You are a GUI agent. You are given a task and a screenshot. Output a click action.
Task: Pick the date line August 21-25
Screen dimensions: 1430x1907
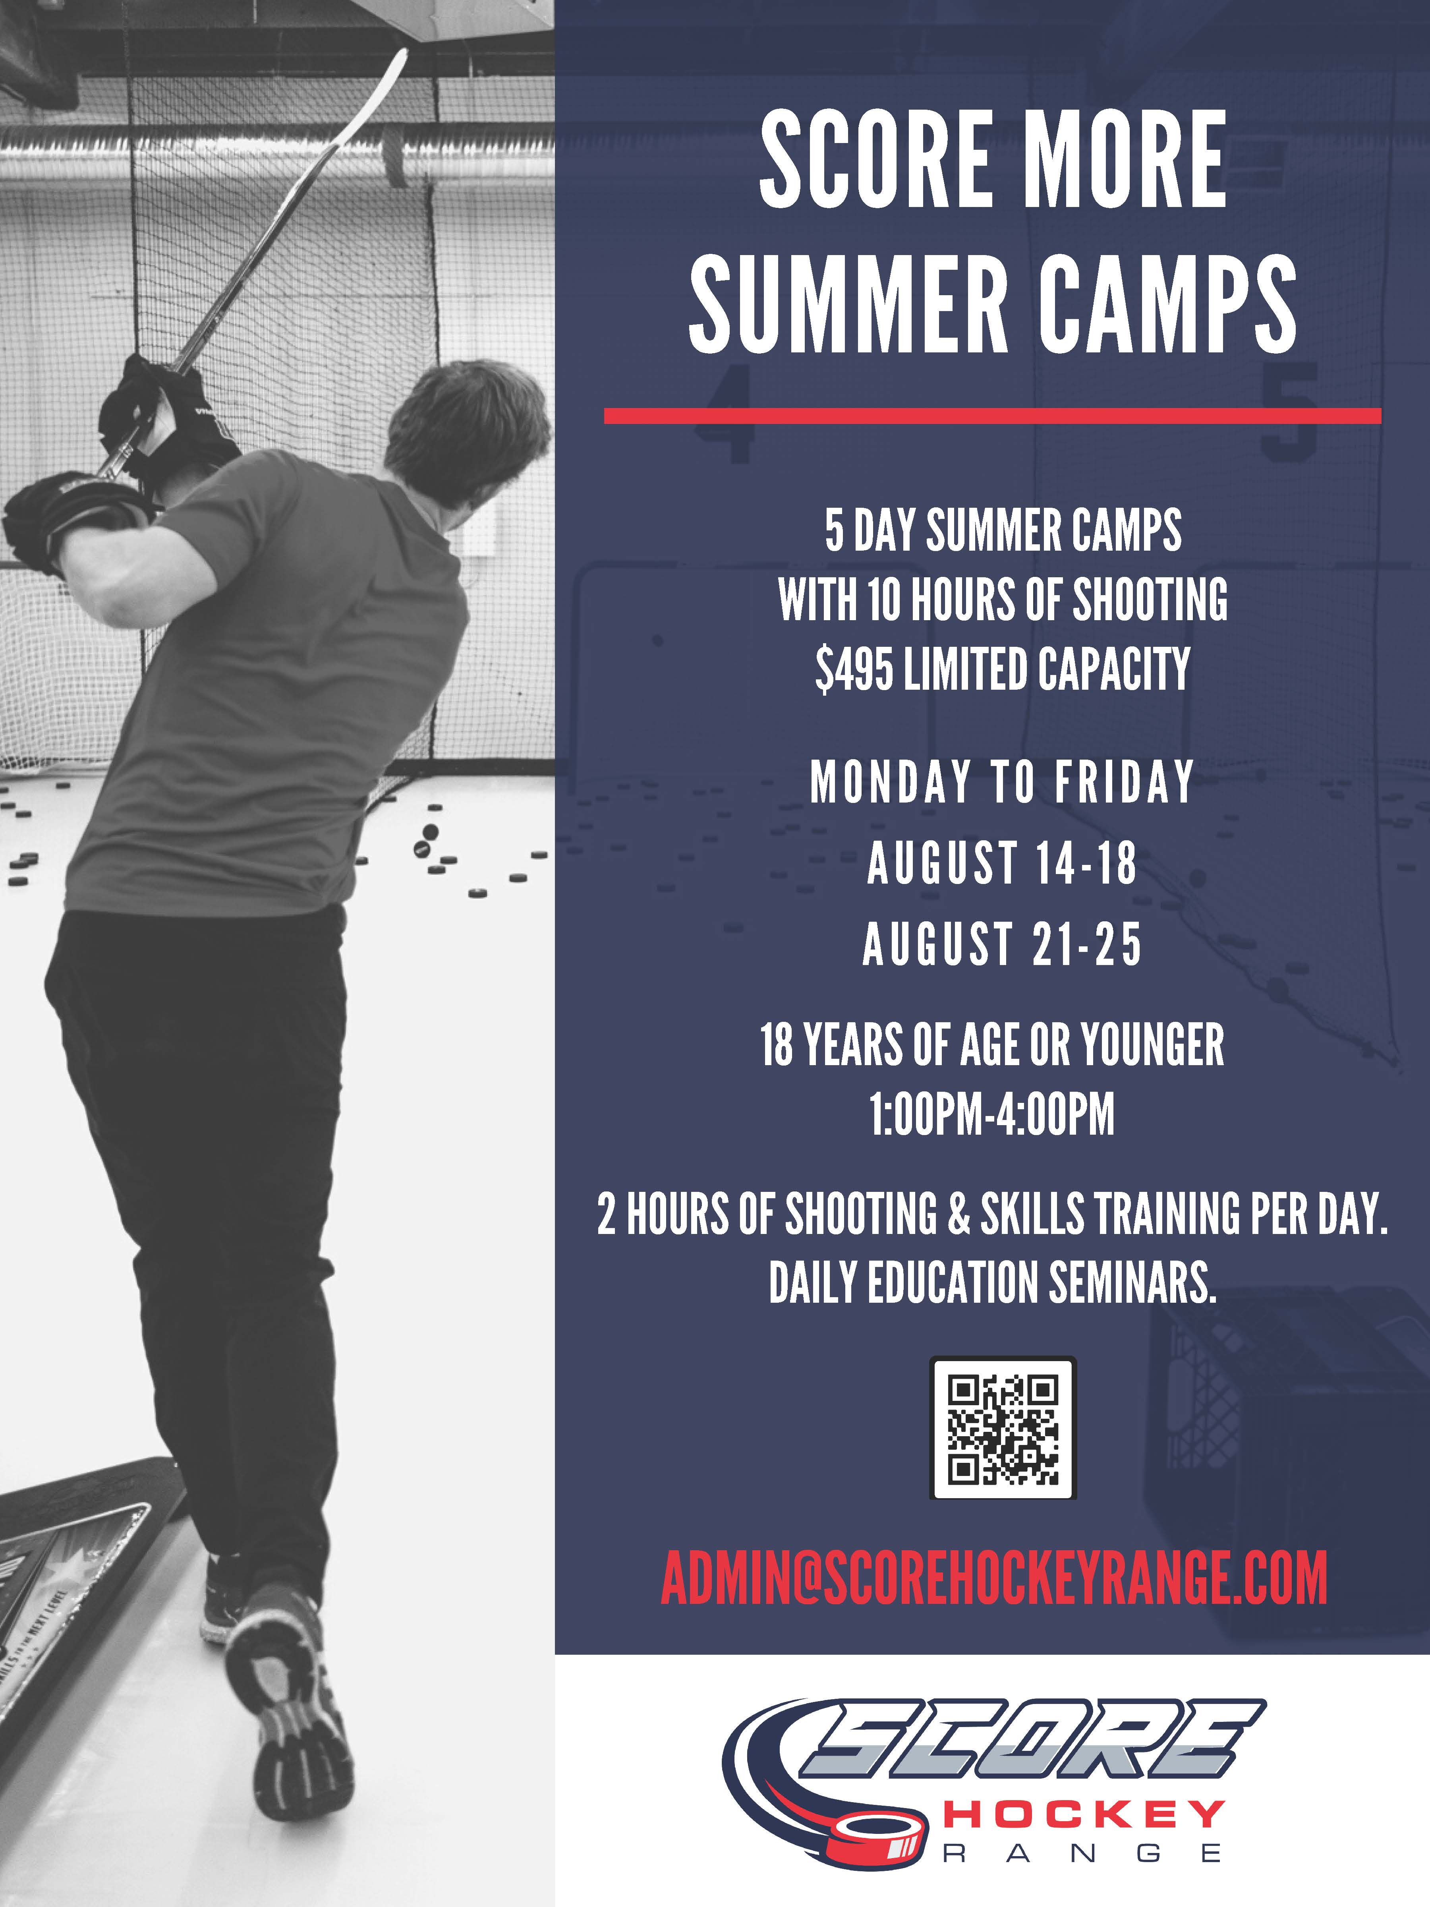1002,943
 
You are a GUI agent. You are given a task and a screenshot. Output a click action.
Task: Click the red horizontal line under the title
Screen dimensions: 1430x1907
992,416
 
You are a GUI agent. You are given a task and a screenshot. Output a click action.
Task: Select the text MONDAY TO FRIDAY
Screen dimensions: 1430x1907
1002,782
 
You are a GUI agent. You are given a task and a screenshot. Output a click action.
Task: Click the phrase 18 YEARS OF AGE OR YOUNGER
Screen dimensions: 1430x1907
992,1045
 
